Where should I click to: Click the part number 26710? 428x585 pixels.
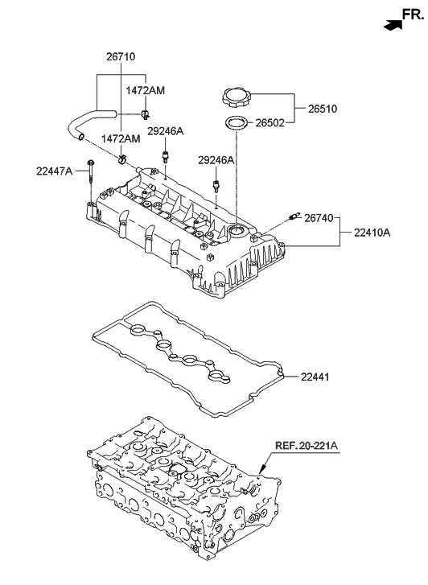tap(120, 57)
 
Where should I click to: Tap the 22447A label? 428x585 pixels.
tap(54, 171)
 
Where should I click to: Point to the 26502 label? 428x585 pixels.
tap(272, 124)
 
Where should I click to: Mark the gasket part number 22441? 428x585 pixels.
tap(317, 377)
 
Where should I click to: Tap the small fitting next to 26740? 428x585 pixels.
tap(294, 216)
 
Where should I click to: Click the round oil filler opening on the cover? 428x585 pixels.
tap(238, 233)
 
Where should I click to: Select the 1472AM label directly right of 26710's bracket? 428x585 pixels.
tap(145, 91)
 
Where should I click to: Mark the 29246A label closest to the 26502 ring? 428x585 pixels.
tap(216, 161)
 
